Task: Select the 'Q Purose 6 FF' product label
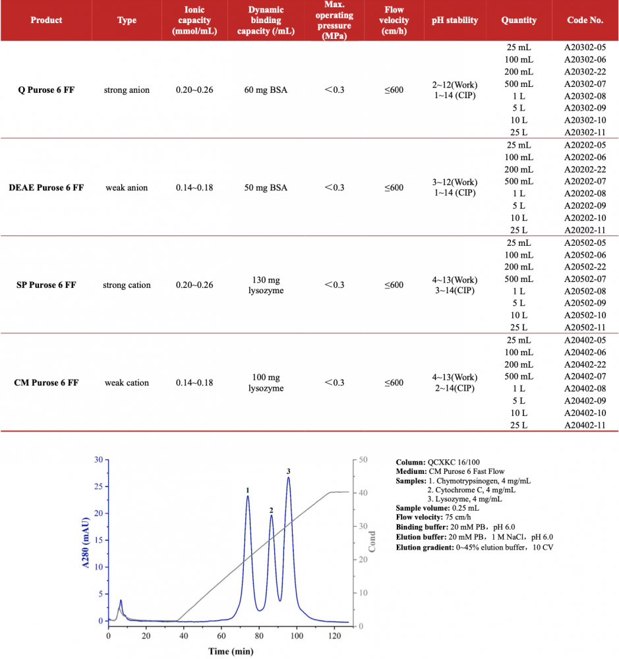(x=46, y=90)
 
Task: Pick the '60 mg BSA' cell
(x=266, y=90)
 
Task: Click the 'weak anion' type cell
(x=127, y=187)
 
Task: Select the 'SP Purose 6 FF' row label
(x=46, y=285)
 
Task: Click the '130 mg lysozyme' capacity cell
(x=266, y=285)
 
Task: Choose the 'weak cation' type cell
(x=127, y=382)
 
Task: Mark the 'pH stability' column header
(x=455, y=20)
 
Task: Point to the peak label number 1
(x=247, y=490)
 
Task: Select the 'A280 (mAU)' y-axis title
(x=85, y=540)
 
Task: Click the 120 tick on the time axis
(x=334, y=636)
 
